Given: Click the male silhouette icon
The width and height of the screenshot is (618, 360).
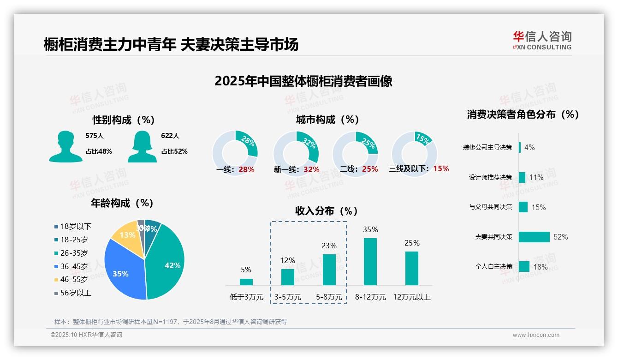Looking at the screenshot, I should [65, 147].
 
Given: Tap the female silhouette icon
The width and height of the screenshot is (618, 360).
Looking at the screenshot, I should [142, 147].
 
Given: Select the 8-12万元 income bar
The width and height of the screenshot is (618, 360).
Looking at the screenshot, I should [370, 261].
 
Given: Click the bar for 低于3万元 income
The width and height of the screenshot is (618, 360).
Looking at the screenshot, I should [246, 282].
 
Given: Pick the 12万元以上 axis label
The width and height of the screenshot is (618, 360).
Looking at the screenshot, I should [411, 297].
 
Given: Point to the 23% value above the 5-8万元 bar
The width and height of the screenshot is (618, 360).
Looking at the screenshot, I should [329, 246].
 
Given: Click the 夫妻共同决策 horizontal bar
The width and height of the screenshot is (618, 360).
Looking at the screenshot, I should [534, 237].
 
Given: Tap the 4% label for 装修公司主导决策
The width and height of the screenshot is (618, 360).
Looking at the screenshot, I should [529, 148].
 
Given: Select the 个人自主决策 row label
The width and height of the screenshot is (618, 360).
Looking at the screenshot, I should [493, 267].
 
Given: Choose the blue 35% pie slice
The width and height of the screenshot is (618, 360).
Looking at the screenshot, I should [121, 272].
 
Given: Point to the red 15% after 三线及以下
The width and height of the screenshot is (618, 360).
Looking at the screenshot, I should [441, 169].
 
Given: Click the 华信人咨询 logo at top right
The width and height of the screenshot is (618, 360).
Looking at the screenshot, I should [542, 40].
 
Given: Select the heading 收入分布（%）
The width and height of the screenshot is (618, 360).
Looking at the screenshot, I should [327, 211].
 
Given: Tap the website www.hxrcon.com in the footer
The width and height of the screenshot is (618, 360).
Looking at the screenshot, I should [536, 335].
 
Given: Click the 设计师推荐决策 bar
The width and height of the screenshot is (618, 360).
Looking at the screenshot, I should [522, 177].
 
